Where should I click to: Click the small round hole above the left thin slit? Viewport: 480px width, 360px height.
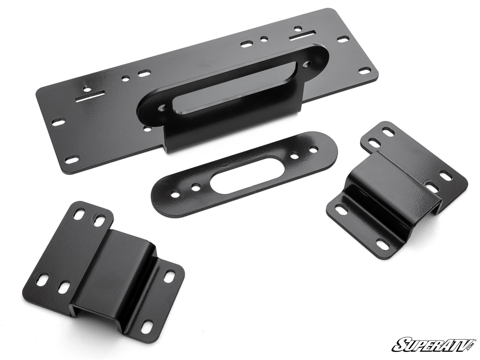87,89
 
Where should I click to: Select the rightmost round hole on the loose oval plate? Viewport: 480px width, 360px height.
314,148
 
